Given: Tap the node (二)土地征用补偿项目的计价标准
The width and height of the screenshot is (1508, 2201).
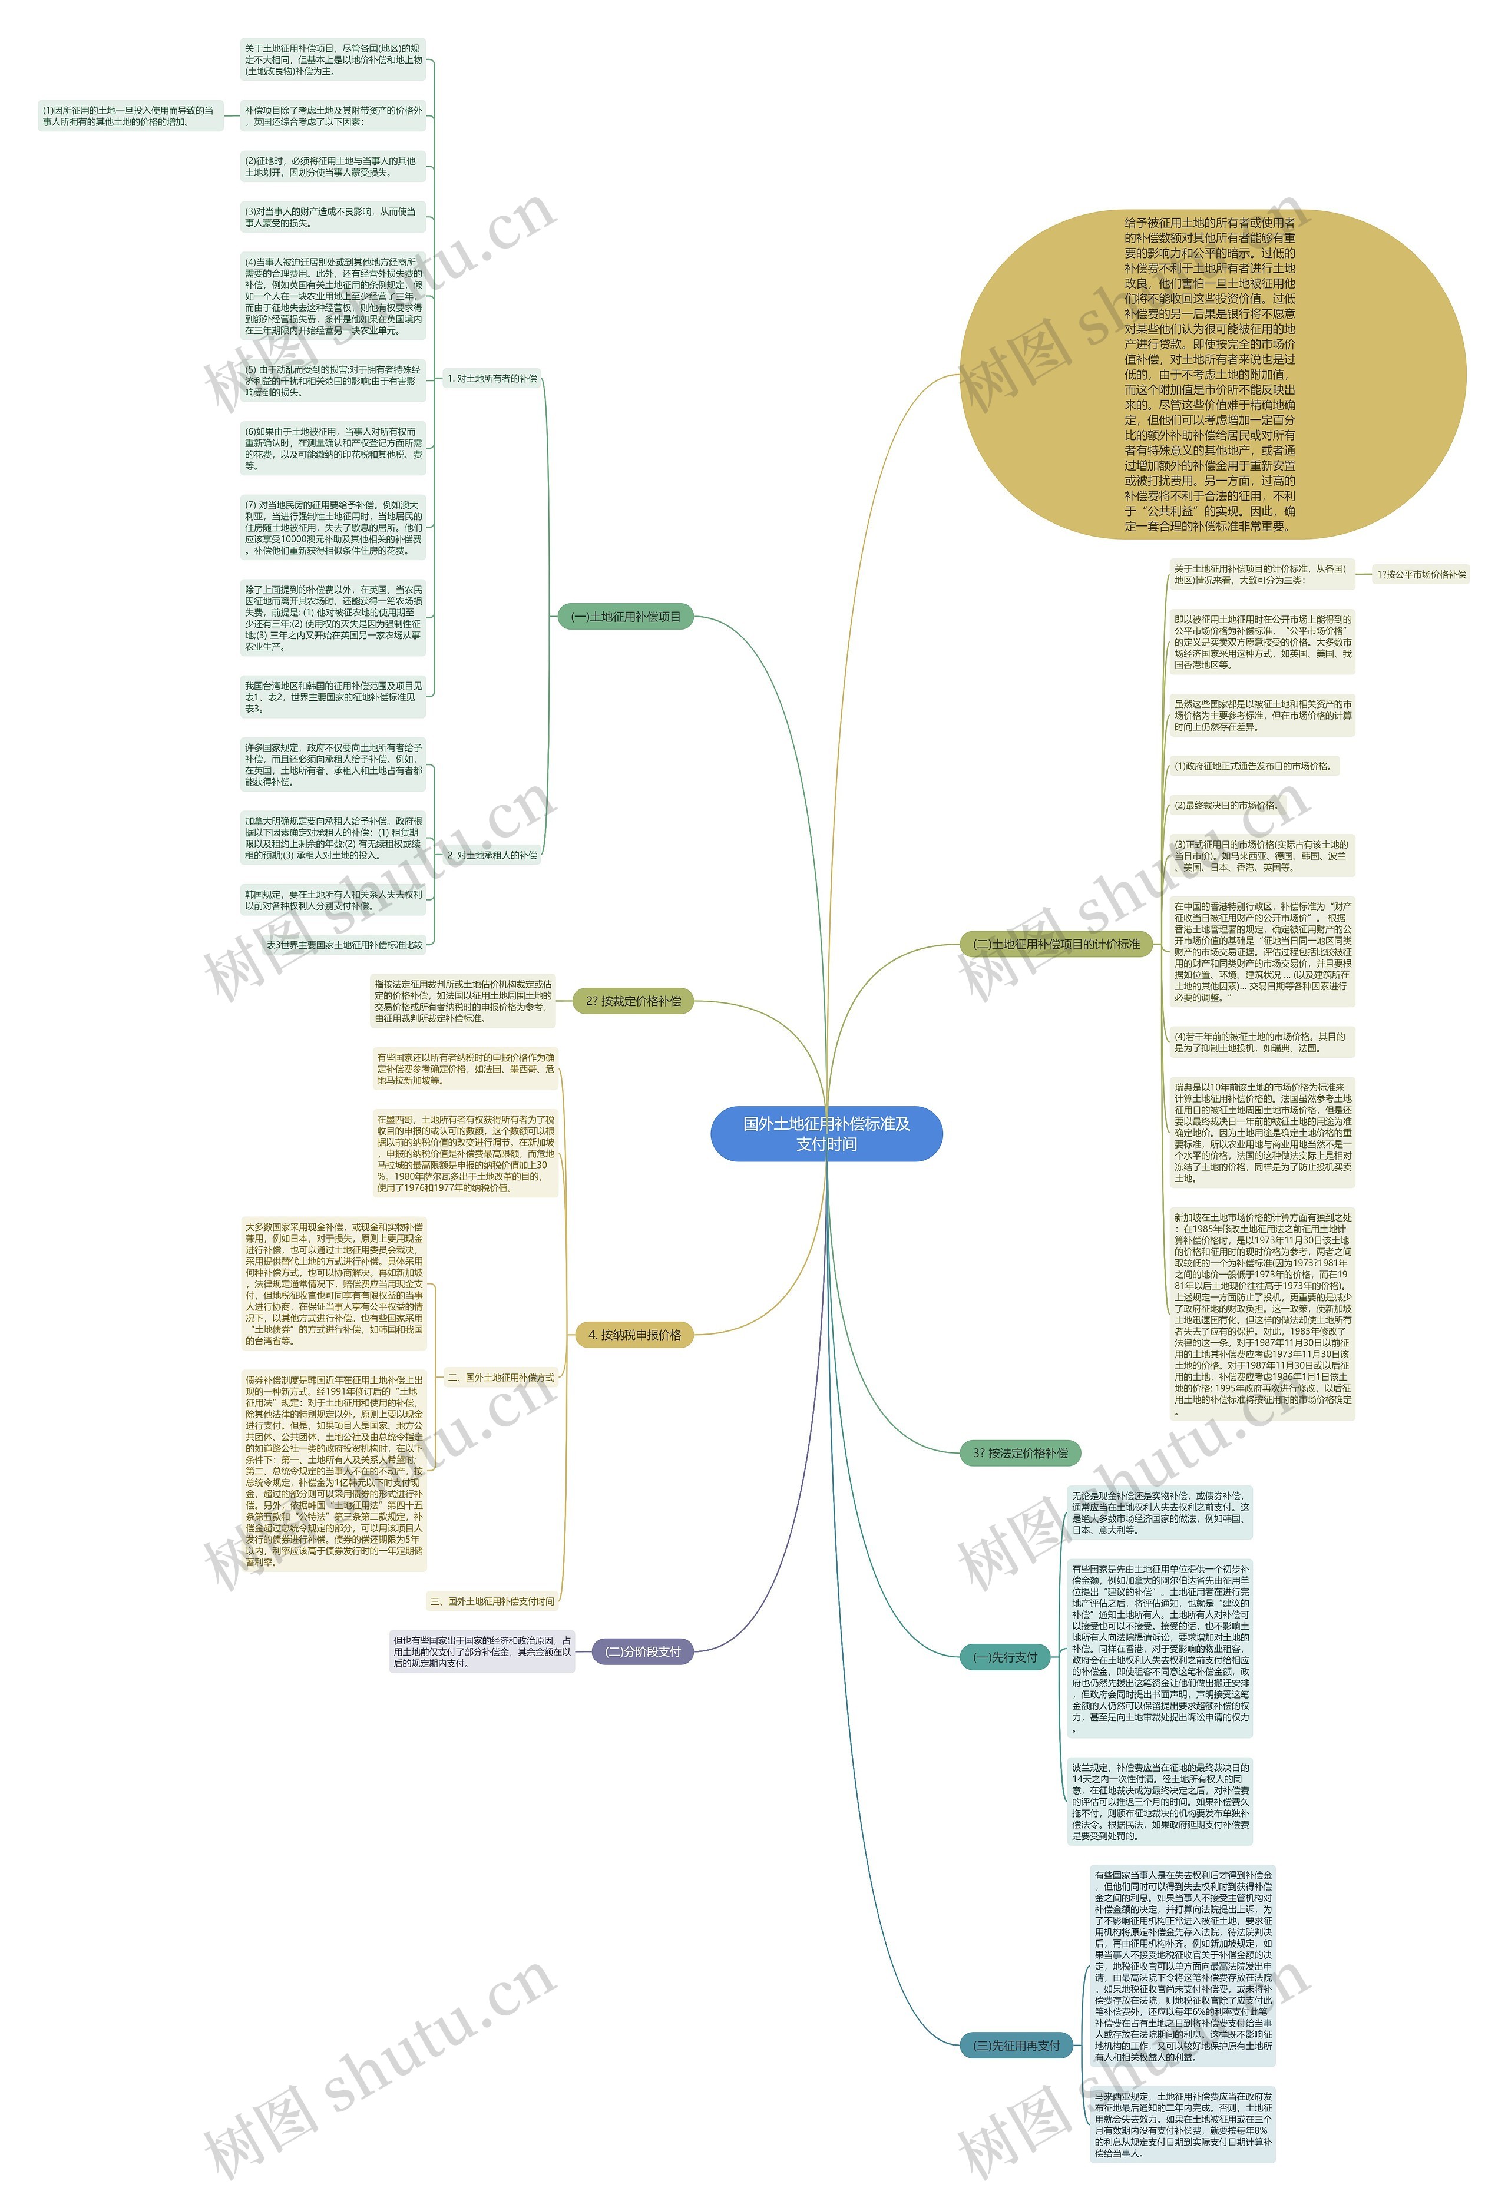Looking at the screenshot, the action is tap(1056, 944).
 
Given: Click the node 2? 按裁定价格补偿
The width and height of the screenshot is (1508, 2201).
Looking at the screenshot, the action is tap(633, 1001).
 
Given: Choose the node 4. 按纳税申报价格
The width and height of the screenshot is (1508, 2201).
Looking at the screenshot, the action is tap(634, 1335).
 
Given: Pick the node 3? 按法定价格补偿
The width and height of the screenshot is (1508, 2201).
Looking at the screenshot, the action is tap(1019, 1453).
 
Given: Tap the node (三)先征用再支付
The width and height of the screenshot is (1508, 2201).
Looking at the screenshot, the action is tap(1016, 2046).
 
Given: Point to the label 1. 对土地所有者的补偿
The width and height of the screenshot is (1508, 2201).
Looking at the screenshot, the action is tap(492, 379).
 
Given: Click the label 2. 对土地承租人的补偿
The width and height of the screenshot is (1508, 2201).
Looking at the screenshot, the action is tap(492, 855).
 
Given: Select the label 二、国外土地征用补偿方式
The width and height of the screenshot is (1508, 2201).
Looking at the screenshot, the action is tap(500, 1378).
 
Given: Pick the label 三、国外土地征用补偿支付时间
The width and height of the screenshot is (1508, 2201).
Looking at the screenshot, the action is tap(492, 1601).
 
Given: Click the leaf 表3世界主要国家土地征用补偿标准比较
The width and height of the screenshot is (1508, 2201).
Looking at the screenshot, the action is tap(344, 945).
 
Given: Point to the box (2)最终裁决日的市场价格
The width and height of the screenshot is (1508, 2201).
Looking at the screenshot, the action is tap(1226, 805).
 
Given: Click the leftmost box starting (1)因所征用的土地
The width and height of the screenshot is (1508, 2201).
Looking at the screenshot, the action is tap(130, 115).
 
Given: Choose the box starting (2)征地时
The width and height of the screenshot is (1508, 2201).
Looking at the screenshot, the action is tap(332, 167).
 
